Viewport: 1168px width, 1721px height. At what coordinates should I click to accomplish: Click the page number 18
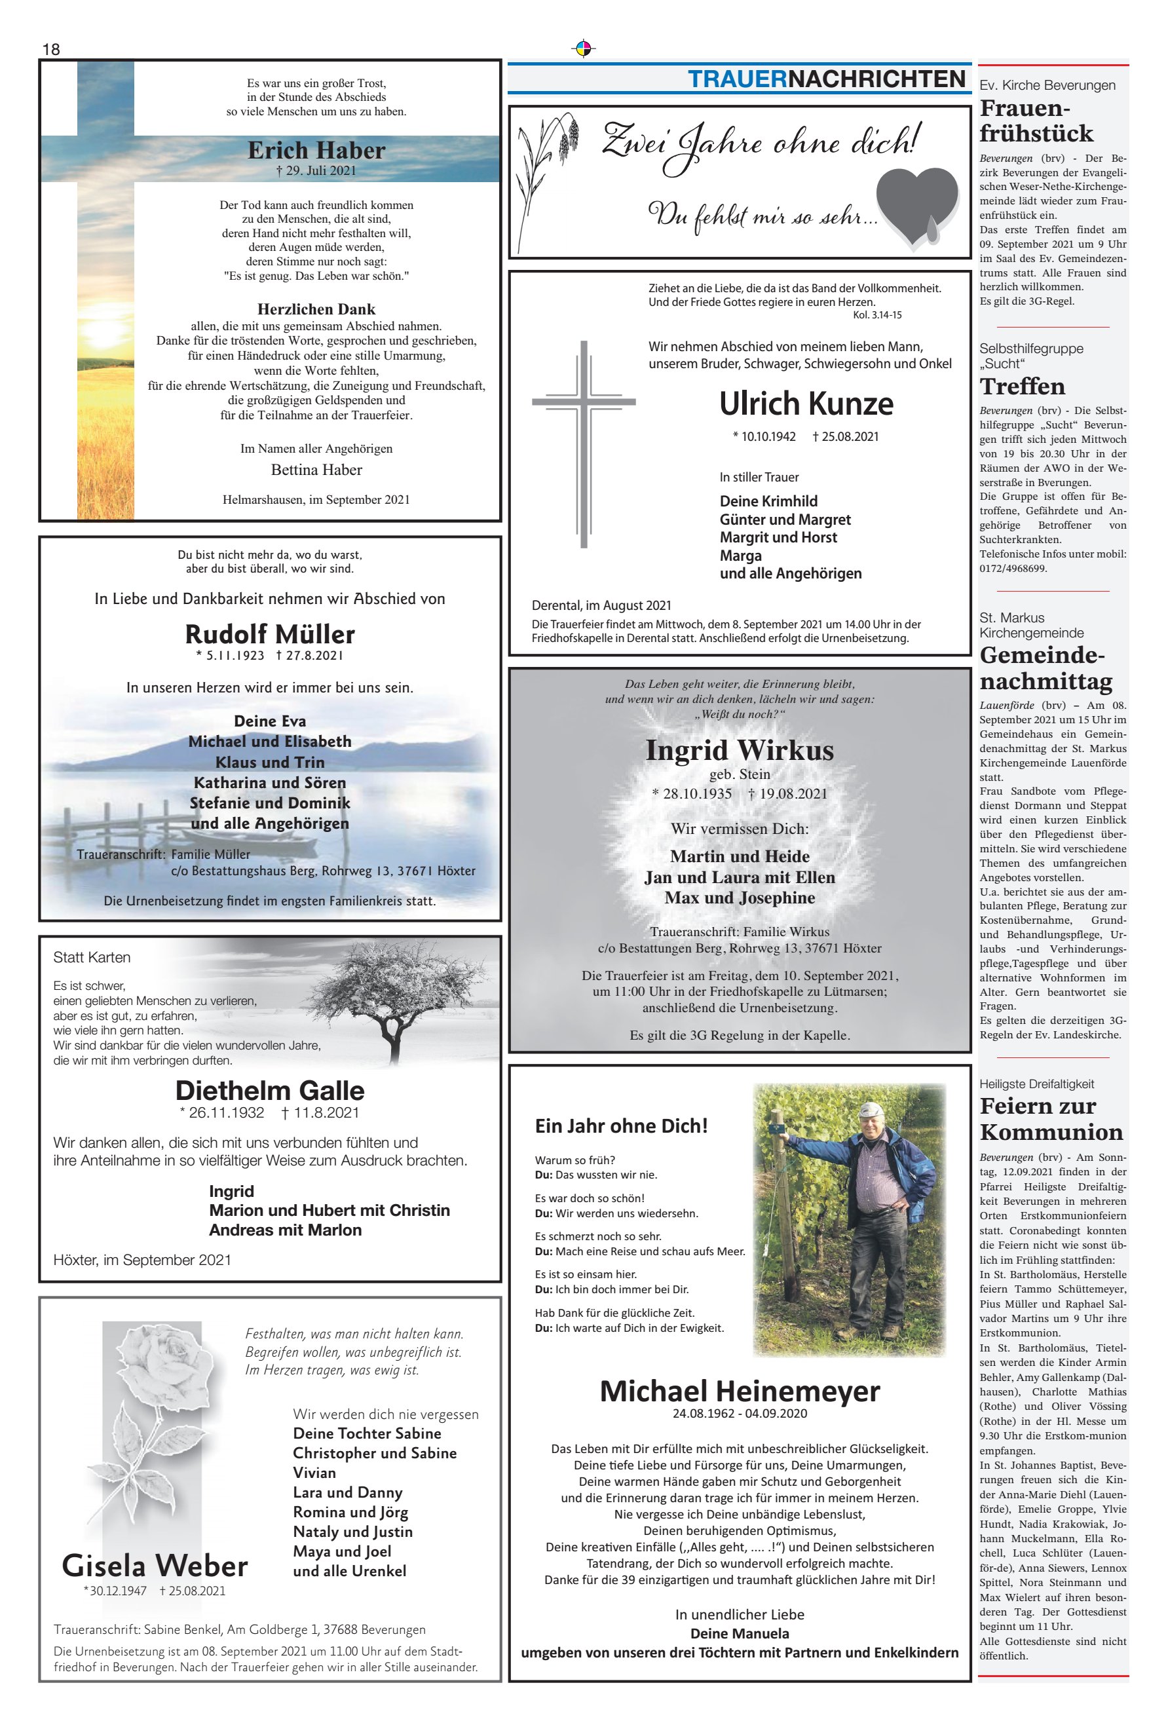point(51,50)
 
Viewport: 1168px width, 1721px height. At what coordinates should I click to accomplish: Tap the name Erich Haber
point(316,150)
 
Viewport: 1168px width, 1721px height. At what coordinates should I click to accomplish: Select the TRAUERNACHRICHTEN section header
point(827,79)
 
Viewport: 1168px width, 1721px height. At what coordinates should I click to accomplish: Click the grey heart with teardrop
point(918,205)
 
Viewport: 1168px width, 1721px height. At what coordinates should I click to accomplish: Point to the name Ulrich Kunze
point(806,404)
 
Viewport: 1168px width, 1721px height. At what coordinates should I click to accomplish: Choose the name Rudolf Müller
point(270,634)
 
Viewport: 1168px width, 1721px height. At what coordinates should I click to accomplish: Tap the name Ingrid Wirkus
point(739,750)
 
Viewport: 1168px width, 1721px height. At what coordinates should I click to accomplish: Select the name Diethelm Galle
point(270,1090)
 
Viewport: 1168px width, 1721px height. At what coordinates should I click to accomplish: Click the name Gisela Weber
point(155,1566)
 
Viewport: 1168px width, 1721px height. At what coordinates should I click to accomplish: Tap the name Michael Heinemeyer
point(739,1391)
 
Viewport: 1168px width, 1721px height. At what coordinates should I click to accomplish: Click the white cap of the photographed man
point(871,1108)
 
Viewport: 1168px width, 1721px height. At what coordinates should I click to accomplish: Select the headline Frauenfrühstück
point(1036,121)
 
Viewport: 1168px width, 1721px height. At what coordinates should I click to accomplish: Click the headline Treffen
point(1022,387)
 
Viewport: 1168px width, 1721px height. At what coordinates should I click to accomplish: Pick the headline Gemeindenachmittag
point(1045,668)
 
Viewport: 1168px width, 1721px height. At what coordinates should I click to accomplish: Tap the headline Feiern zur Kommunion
point(1050,1119)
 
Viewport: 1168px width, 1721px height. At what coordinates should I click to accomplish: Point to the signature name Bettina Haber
point(316,470)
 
